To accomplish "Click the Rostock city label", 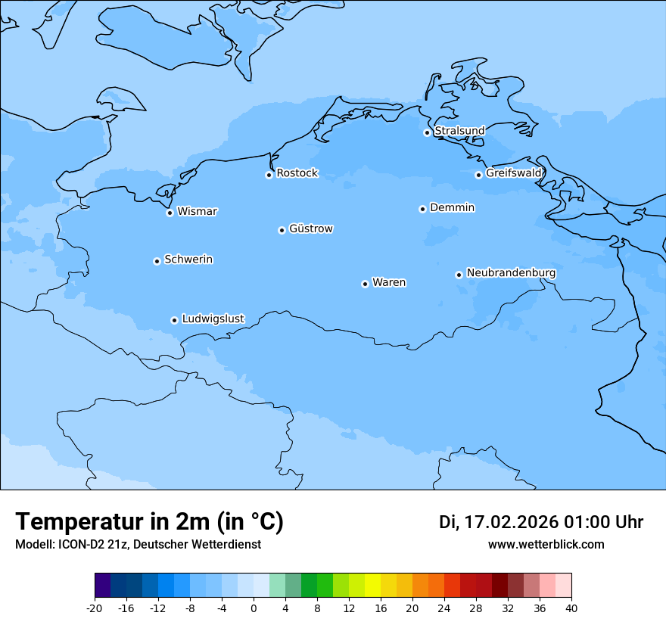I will [x=297, y=173].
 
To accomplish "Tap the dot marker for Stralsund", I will [x=427, y=132].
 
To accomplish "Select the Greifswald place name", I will [x=514, y=173].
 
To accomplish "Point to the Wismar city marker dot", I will [x=170, y=213].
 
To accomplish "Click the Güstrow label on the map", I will [x=310, y=229].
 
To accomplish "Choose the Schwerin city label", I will [x=188, y=260].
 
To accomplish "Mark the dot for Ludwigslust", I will [x=174, y=320].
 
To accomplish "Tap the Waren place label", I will [x=388, y=282].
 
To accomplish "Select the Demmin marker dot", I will [x=422, y=209].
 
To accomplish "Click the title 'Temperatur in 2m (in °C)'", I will [x=149, y=522].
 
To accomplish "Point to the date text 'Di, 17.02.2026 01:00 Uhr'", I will [x=541, y=522].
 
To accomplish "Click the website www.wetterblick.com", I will [x=546, y=544].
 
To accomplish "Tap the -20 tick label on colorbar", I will [x=95, y=608].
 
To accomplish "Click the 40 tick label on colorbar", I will [x=571, y=608].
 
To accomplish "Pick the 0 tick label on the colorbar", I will [x=254, y=608].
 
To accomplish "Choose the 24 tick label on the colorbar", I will [x=444, y=608].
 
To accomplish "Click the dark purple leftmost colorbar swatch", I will [x=102, y=586].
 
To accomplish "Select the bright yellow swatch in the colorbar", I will [x=372, y=586].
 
